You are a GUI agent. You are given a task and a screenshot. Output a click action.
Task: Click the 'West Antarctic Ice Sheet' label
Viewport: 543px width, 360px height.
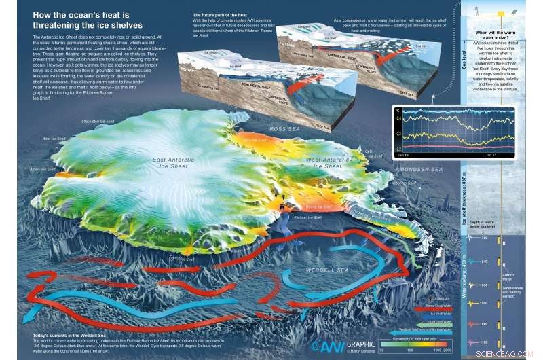(313, 162)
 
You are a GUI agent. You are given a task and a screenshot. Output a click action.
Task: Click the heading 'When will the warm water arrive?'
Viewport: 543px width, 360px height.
(502, 35)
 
